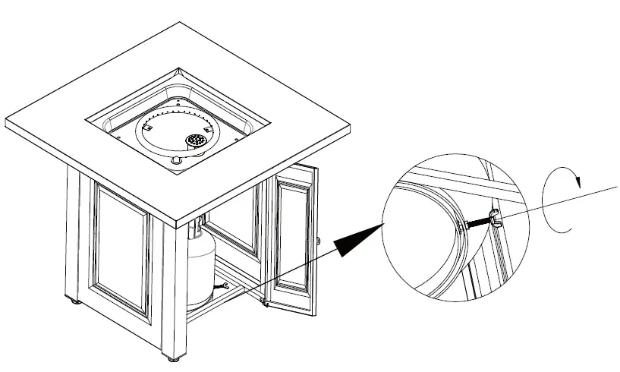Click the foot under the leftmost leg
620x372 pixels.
[x=74, y=301]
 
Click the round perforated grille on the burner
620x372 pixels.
[x=197, y=140]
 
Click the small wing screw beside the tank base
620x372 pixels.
[x=222, y=287]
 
